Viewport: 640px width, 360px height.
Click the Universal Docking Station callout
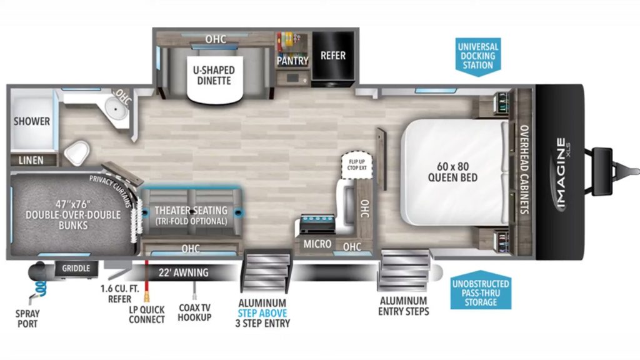pyautogui.click(x=477, y=56)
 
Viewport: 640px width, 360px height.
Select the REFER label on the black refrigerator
pyautogui.click(x=333, y=55)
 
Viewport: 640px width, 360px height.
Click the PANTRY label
pyautogui.click(x=292, y=61)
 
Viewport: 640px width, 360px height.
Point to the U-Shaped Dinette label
pyautogui.click(x=211, y=76)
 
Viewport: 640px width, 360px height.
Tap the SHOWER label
pyautogui.click(x=32, y=121)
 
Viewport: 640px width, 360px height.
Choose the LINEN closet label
pyautogui.click(x=31, y=160)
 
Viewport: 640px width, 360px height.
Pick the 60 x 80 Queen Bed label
pyautogui.click(x=452, y=172)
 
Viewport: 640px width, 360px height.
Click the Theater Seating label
pyautogui.click(x=191, y=215)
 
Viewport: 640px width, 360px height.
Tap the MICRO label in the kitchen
pyautogui.click(x=317, y=244)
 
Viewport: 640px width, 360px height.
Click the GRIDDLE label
pyautogui.click(x=76, y=268)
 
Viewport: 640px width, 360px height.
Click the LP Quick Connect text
pyautogui.click(x=147, y=314)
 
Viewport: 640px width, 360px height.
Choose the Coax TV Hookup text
pyautogui.click(x=194, y=312)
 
